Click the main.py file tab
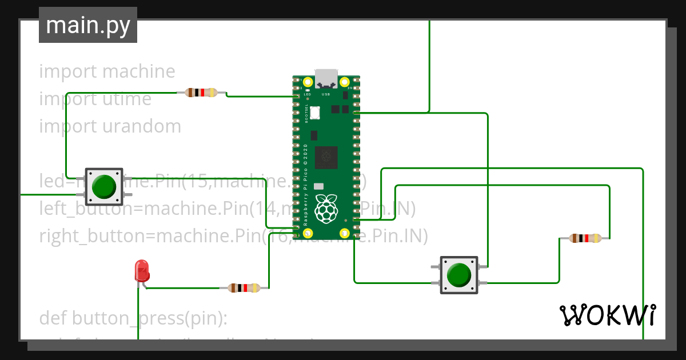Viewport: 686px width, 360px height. pyautogui.click(x=87, y=25)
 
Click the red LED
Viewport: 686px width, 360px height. pyautogui.click(x=141, y=270)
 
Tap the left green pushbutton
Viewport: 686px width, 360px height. pyautogui.click(x=104, y=186)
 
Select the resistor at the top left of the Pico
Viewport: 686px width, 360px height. pyautogui.click(x=201, y=93)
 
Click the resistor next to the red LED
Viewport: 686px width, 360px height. pyautogui.click(x=244, y=288)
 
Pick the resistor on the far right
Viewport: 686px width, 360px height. pyautogui.click(x=585, y=238)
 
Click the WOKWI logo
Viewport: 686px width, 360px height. pyautogui.click(x=607, y=315)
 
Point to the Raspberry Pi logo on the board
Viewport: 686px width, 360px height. pyautogui.click(x=326, y=208)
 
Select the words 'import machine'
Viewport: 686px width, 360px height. pyautogui.click(x=107, y=71)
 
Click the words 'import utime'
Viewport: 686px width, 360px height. pyautogui.click(x=95, y=99)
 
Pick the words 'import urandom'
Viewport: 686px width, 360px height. pyautogui.click(x=110, y=126)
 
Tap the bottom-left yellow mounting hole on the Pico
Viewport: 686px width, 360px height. pyautogui.click(x=308, y=233)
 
